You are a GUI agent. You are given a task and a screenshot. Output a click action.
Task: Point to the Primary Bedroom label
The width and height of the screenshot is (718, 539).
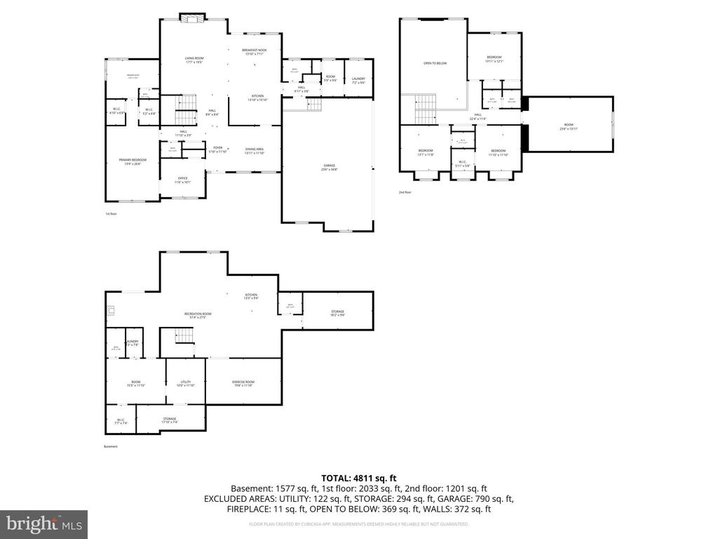pyautogui.click(x=132, y=161)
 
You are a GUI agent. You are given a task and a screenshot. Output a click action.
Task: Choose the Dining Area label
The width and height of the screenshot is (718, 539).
pyautogui.click(x=255, y=150)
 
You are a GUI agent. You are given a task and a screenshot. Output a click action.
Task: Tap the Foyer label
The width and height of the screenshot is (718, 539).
pyautogui.click(x=218, y=149)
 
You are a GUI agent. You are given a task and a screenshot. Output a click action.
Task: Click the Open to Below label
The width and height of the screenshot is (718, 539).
pyautogui.click(x=435, y=63)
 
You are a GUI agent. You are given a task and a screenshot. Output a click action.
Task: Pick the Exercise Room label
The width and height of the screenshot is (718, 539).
pyautogui.click(x=243, y=383)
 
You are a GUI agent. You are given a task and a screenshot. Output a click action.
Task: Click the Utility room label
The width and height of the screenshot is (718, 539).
pyautogui.click(x=186, y=383)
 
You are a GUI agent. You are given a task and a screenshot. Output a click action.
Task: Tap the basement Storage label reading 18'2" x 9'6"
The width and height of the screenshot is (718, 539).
pyautogui.click(x=337, y=313)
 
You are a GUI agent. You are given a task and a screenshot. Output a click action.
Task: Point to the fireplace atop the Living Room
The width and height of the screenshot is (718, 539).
pyautogui.click(x=191, y=18)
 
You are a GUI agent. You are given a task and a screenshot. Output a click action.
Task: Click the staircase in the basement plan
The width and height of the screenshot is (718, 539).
pyautogui.click(x=184, y=336)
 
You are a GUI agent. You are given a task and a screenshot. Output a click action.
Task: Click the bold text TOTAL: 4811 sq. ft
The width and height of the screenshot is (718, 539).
pyautogui.click(x=358, y=478)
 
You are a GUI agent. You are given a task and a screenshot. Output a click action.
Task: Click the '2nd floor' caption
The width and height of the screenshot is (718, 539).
pyautogui.click(x=405, y=192)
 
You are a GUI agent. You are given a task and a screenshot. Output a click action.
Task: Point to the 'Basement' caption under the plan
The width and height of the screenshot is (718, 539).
pyautogui.click(x=111, y=446)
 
